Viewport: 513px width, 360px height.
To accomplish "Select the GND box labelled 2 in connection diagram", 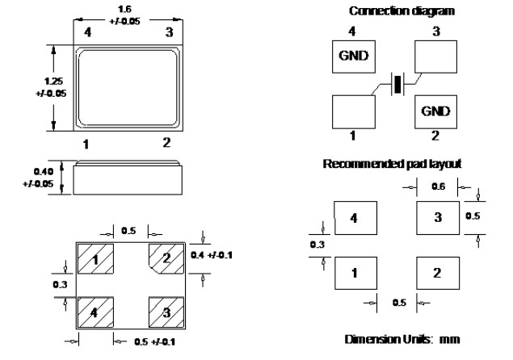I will [x=433, y=111].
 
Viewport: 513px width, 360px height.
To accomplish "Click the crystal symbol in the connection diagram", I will [x=395, y=85].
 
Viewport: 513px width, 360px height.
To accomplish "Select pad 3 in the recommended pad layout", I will [x=437, y=217].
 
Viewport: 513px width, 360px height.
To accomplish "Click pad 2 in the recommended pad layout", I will [x=437, y=272].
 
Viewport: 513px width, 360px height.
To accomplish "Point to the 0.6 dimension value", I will [x=436, y=186].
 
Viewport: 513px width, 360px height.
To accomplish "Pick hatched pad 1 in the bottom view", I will [x=97, y=260].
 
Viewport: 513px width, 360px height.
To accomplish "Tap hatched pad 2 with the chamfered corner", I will [x=166, y=259].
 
